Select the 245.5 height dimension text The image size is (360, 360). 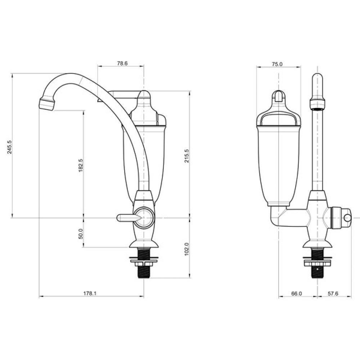pos(10,147)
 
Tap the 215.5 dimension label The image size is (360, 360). pos(186,156)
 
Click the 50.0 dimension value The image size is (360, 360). pos(81,234)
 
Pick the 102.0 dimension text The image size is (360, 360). pos(186,249)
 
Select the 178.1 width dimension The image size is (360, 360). pos(90,293)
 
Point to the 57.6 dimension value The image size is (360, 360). pos(333,294)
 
